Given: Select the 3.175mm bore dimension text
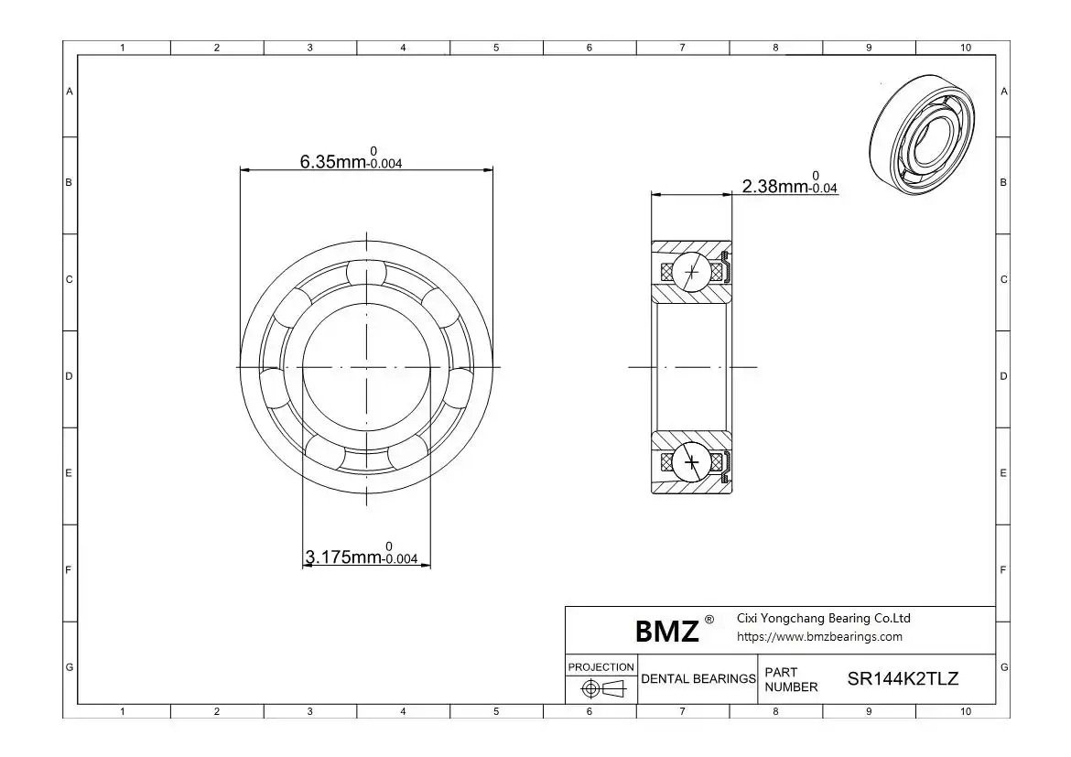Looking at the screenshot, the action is click(362, 554).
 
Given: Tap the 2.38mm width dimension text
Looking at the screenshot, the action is click(790, 183).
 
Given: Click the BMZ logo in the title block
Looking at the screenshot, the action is click(666, 632).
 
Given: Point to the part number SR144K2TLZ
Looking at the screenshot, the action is click(903, 678).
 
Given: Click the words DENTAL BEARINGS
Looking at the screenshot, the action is click(698, 678).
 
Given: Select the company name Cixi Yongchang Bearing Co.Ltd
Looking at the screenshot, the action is click(823, 618).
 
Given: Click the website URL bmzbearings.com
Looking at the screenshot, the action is click(819, 637).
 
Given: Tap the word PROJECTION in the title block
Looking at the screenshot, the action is click(601, 666).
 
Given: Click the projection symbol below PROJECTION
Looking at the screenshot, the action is click(603, 689).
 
